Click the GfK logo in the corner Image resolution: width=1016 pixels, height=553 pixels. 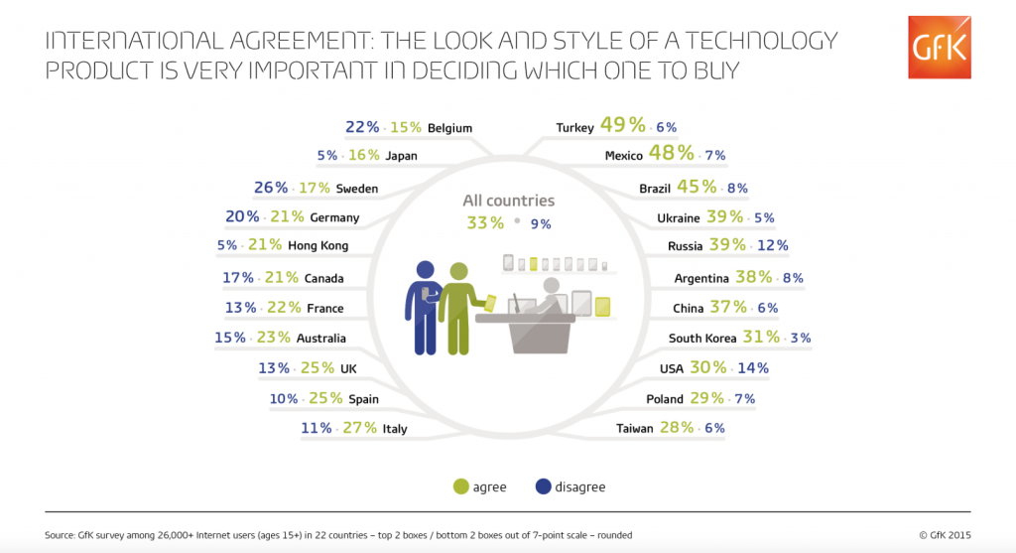pos(939,46)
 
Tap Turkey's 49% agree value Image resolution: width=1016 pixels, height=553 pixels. pos(623,126)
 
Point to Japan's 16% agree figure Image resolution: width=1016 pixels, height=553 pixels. pos(364,155)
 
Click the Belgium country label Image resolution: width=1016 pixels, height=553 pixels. pos(449,127)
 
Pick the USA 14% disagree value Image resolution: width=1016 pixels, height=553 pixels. pos(752,368)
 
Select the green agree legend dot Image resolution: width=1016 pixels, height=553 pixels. pos(459,486)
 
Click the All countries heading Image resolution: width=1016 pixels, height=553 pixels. pos(508,201)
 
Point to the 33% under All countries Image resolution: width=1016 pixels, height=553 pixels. pos(485,223)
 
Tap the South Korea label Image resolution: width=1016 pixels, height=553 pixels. pos(702,338)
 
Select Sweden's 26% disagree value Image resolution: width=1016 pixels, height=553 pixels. pos(271,188)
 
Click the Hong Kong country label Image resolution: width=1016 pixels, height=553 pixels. pos(317,245)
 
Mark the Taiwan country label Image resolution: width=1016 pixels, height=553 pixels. pos(635,428)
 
